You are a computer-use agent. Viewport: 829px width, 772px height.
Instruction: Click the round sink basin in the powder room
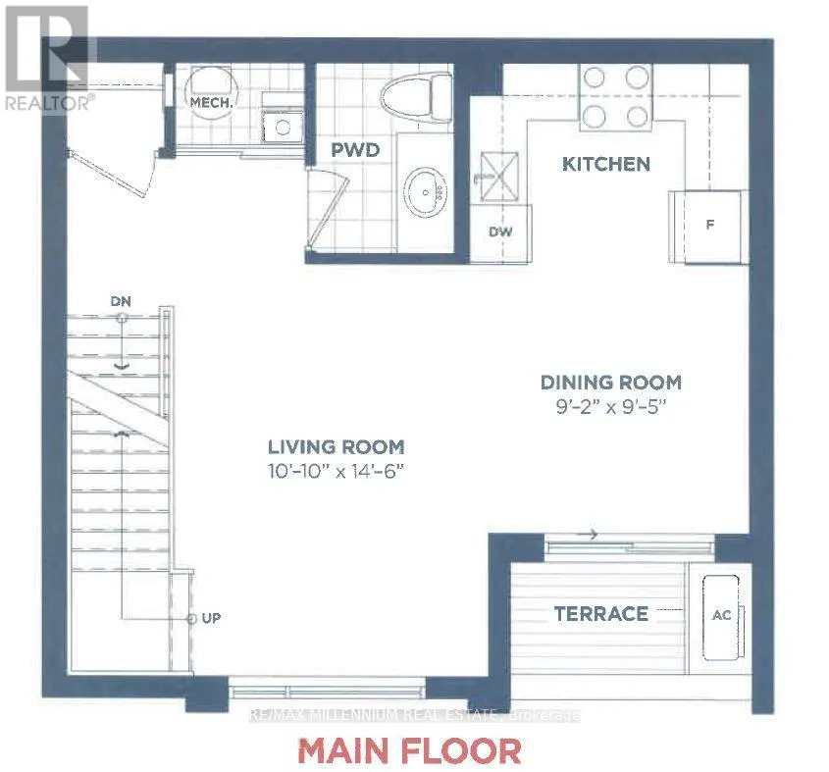point(427,194)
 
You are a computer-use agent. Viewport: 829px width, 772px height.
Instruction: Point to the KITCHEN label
point(605,164)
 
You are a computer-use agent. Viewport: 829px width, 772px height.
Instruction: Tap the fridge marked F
point(709,224)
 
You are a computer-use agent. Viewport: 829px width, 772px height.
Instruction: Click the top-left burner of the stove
point(594,78)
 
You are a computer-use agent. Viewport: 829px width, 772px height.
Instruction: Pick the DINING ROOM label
point(611,383)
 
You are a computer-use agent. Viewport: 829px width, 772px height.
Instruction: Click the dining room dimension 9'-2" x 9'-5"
point(611,406)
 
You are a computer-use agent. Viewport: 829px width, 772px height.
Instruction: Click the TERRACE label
point(601,614)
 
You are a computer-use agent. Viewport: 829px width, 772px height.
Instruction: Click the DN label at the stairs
point(122,300)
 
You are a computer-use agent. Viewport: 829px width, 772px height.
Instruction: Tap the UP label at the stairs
point(211,620)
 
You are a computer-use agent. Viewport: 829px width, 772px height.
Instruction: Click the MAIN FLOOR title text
point(409,750)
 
